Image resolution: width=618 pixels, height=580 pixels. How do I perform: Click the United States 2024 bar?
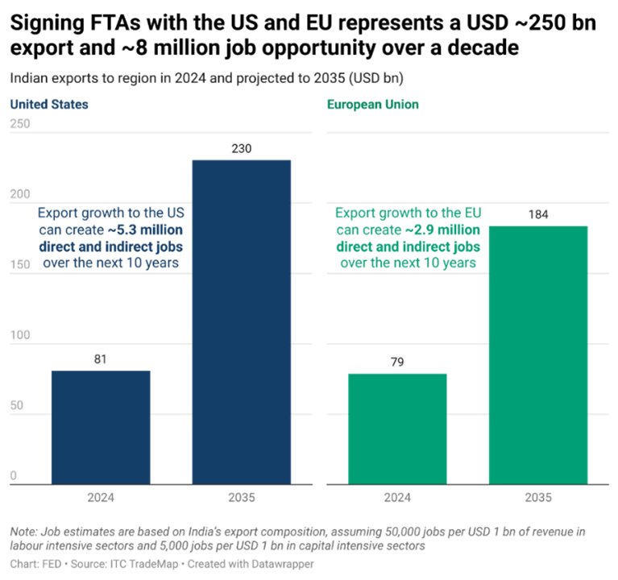[101, 427]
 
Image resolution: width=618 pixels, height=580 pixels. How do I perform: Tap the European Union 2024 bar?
[397, 428]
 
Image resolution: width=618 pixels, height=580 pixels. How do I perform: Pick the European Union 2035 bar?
[538, 354]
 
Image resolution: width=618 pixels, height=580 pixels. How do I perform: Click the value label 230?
[241, 149]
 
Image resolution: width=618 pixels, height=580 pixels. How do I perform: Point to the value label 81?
[101, 359]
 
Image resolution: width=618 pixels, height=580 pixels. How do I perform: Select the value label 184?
[538, 215]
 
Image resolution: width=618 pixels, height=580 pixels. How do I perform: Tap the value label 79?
[397, 362]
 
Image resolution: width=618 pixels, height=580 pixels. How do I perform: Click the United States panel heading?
[49, 105]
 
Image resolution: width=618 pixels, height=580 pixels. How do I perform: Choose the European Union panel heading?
[372, 105]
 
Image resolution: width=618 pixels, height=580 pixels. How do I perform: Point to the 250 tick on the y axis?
[20, 124]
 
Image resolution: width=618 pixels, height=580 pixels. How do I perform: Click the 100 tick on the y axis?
[20, 335]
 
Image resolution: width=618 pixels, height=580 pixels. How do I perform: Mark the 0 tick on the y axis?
[13, 476]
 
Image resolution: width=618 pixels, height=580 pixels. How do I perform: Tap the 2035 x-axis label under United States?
[241, 498]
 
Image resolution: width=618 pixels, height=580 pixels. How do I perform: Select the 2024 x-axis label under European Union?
[397, 498]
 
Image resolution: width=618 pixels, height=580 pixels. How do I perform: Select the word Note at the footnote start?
[23, 532]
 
